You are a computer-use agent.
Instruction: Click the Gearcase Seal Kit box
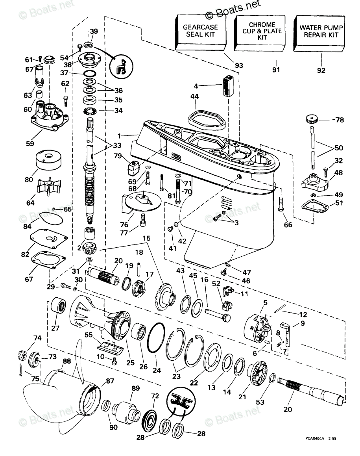tap(200, 32)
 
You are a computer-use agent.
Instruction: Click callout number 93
tap(239, 65)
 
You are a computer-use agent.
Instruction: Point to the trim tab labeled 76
tap(142, 202)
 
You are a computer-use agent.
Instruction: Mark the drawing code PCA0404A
tap(317, 438)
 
